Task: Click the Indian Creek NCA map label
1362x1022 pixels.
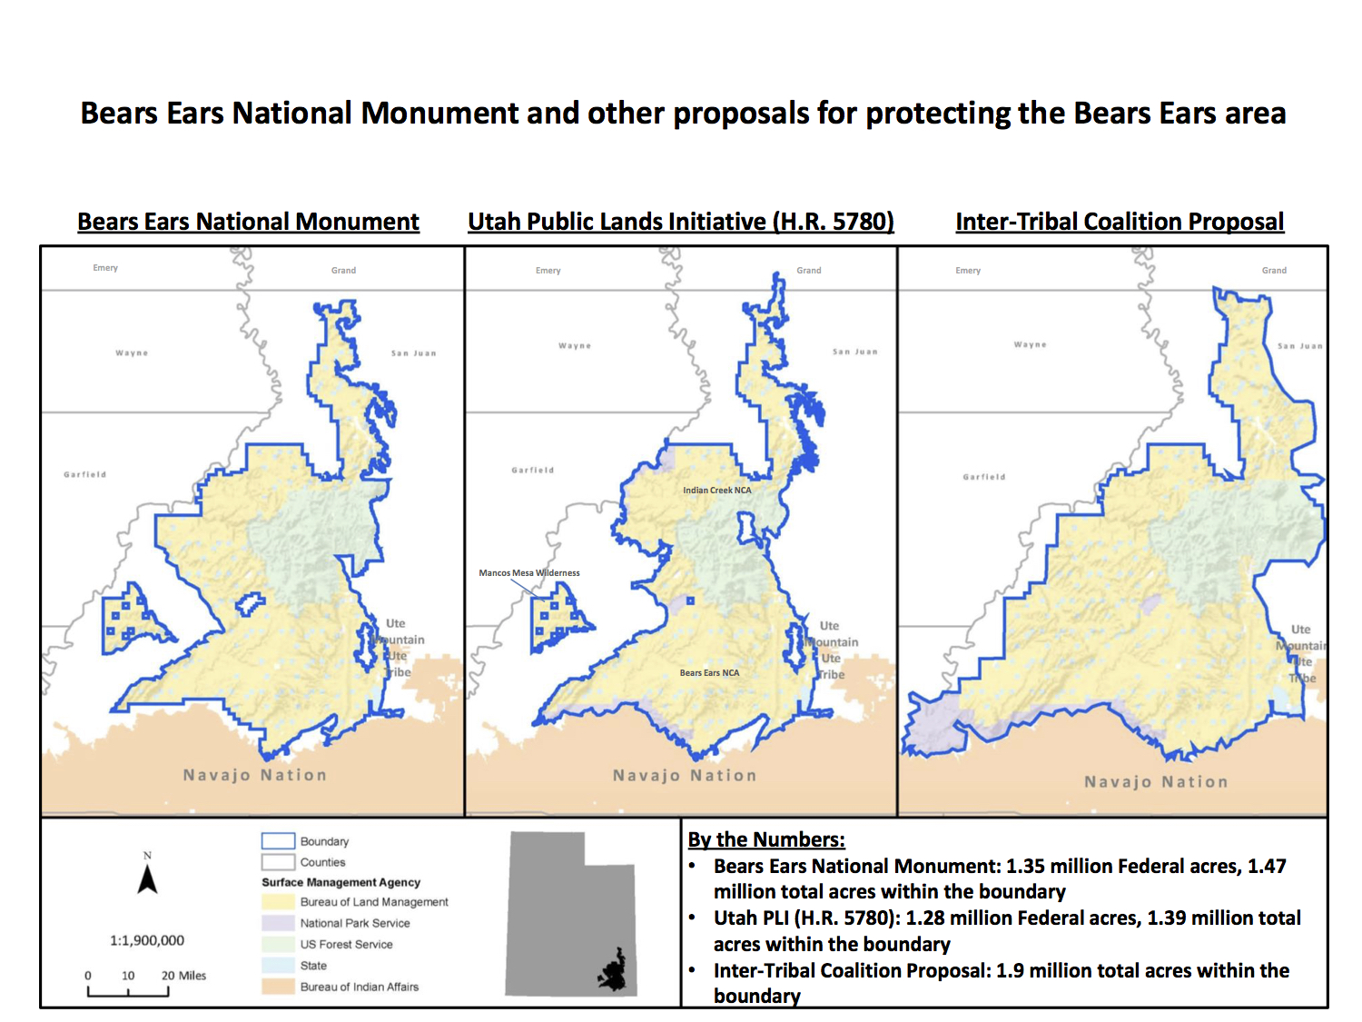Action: point(716,491)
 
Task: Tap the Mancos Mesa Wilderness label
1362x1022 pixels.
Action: point(528,573)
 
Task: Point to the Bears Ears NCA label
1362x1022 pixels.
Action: point(709,673)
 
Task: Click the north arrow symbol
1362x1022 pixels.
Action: point(147,878)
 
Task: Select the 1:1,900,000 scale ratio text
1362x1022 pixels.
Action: point(147,940)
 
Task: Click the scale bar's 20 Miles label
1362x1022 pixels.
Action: point(183,976)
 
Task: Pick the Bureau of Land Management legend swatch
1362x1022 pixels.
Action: point(278,902)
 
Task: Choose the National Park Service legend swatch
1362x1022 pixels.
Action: point(278,923)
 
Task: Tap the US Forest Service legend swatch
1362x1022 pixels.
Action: point(278,945)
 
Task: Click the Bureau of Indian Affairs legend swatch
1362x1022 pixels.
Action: point(278,987)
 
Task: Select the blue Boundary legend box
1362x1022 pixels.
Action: point(278,841)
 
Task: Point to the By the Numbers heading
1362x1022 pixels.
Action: point(765,839)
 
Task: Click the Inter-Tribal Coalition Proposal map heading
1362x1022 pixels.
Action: point(1120,222)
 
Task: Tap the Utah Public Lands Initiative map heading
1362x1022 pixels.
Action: point(680,222)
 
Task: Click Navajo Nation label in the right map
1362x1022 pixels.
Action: point(1155,782)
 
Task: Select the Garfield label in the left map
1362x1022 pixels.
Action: point(84,474)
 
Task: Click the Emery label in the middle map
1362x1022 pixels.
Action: point(548,271)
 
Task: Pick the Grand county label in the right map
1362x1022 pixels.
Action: point(1274,271)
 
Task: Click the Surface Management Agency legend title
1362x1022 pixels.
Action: point(340,882)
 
